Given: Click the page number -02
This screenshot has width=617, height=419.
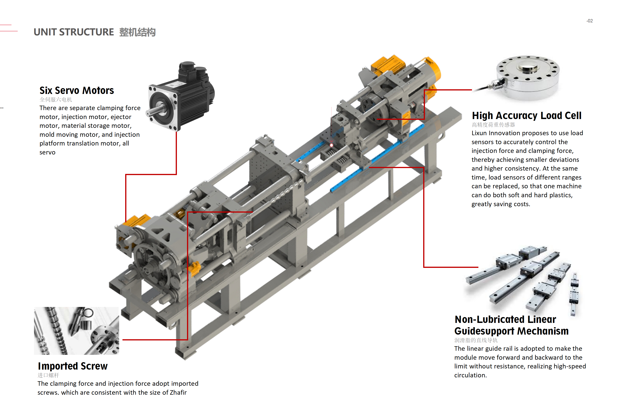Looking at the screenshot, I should click(x=589, y=21).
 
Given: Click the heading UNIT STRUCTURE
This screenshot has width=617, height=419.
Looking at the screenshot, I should click(x=74, y=32).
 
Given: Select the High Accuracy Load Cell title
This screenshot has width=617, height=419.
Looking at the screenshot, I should click(x=526, y=116).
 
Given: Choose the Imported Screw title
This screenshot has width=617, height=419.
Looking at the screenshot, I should click(x=73, y=366).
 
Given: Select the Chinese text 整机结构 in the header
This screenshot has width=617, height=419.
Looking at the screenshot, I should click(x=137, y=32).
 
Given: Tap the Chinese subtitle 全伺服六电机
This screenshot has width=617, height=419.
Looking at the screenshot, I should click(x=56, y=100).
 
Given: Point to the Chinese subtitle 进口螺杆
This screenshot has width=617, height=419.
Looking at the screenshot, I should click(x=48, y=375).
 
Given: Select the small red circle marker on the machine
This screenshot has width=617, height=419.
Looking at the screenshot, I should click(x=331, y=145).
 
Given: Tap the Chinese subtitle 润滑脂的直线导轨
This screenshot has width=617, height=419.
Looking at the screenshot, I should click(x=476, y=340).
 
